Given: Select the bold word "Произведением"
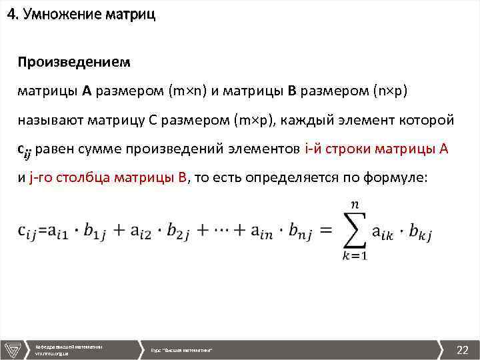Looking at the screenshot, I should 74,62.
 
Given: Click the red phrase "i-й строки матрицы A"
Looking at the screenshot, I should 376,149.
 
